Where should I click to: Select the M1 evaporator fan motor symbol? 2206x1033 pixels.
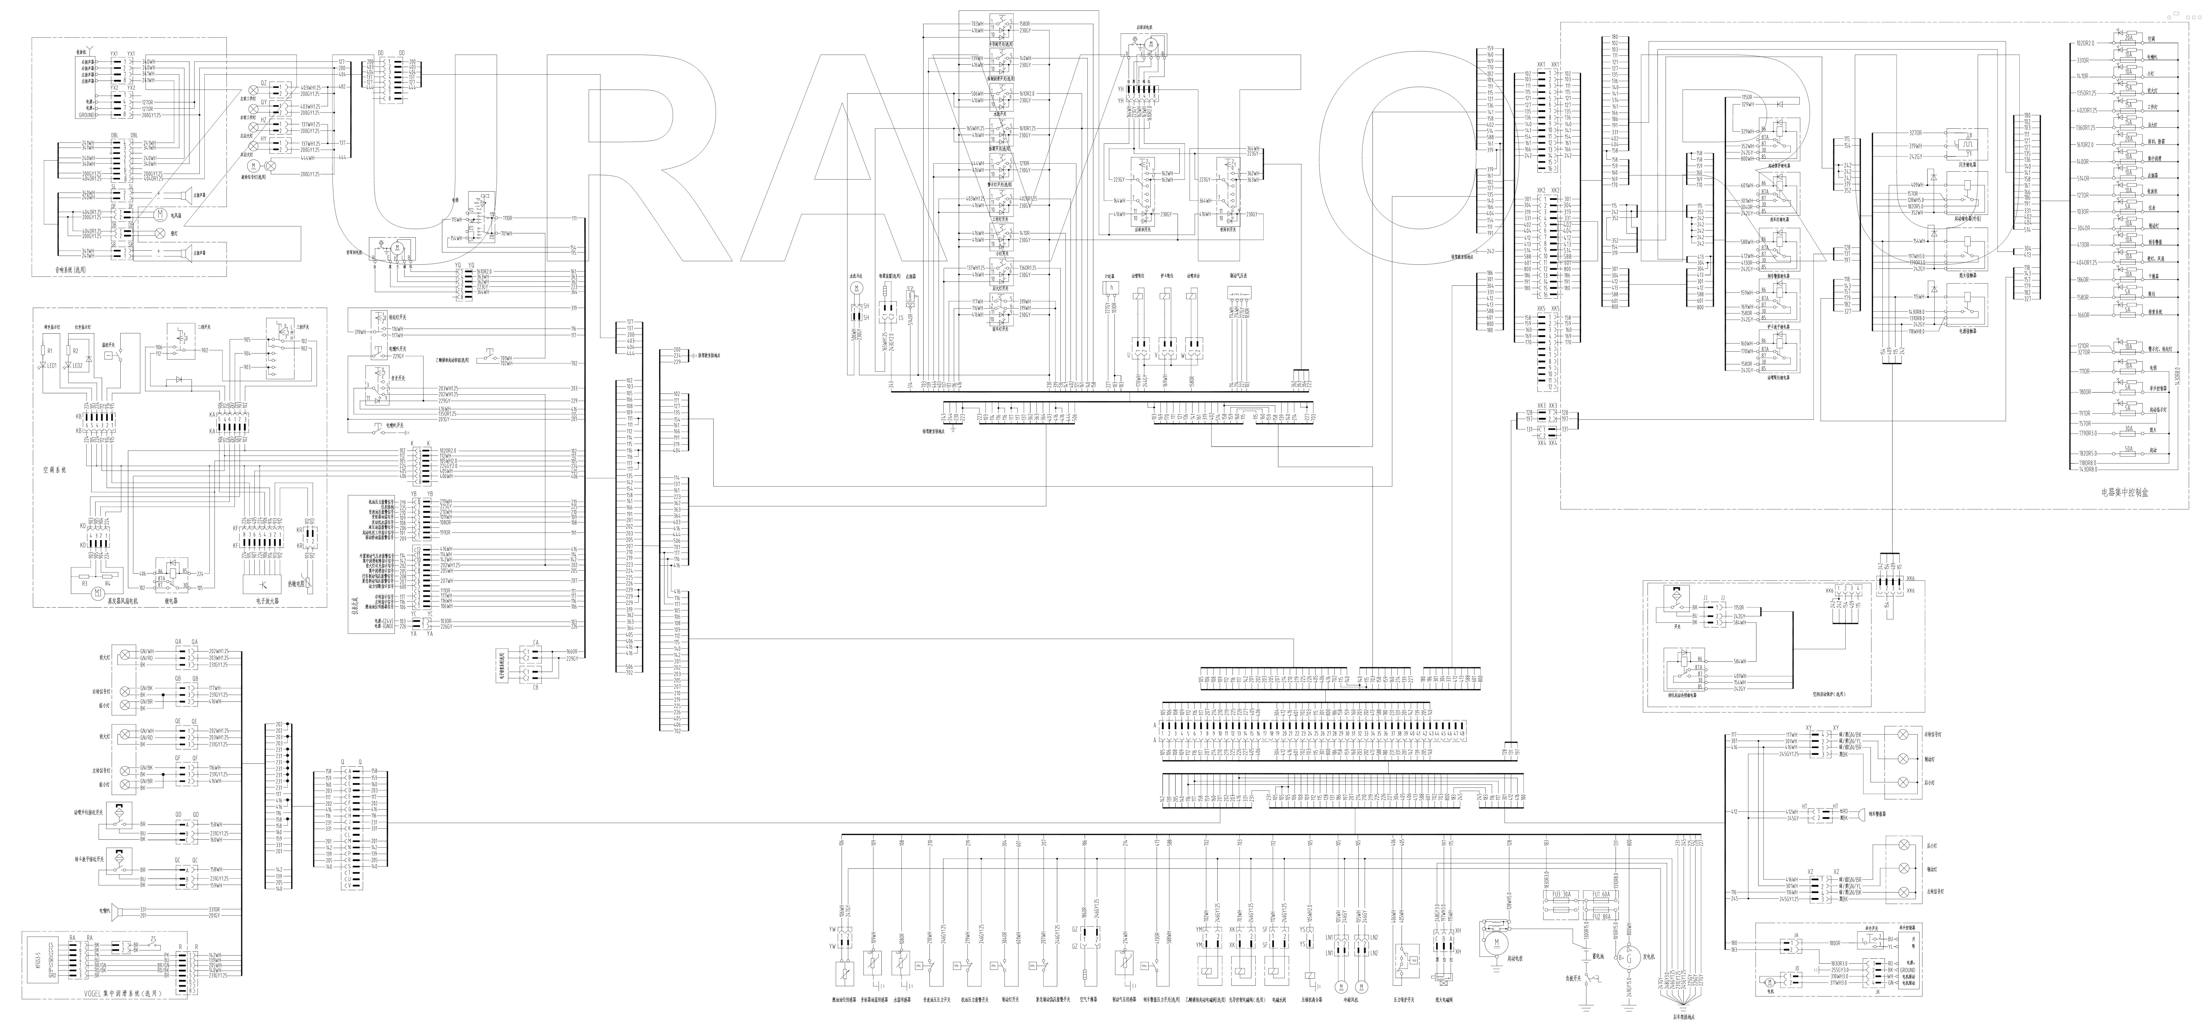point(98,592)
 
